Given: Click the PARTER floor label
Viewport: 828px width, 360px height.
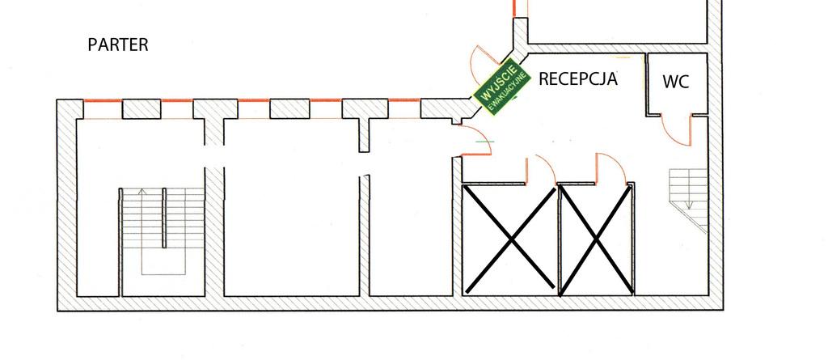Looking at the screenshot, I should click(118, 44).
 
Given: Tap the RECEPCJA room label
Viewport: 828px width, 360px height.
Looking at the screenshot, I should click(577, 78).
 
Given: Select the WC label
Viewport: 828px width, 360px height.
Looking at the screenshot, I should click(676, 82).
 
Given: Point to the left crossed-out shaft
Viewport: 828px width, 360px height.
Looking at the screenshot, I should click(509, 239).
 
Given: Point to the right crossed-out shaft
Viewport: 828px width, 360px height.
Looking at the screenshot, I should click(596, 239).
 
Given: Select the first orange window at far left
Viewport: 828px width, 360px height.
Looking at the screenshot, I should click(102, 100).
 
